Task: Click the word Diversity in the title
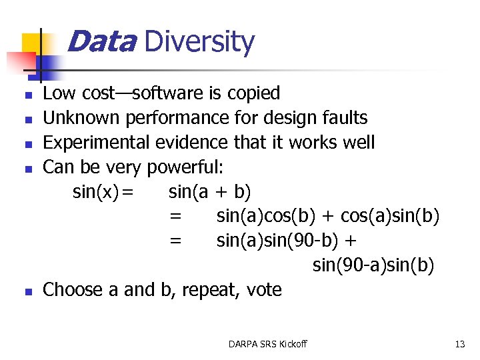(x=199, y=43)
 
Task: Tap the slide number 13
(x=459, y=344)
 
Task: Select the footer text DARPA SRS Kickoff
(x=267, y=344)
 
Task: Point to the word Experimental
(x=97, y=143)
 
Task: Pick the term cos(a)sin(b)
(x=390, y=217)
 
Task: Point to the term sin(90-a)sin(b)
(x=373, y=265)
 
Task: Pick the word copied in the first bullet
(x=253, y=94)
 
